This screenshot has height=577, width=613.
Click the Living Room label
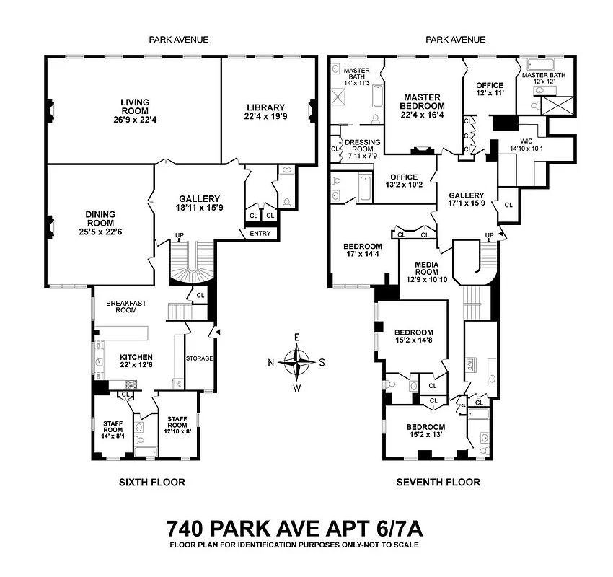(135, 102)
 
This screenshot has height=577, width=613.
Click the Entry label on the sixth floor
(260, 233)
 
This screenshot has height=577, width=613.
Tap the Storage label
(198, 358)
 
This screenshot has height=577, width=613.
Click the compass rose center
(297, 362)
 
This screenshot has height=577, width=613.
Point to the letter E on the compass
(297, 337)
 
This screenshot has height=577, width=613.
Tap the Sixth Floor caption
(151, 482)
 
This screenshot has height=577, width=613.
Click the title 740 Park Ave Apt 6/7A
(294, 528)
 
